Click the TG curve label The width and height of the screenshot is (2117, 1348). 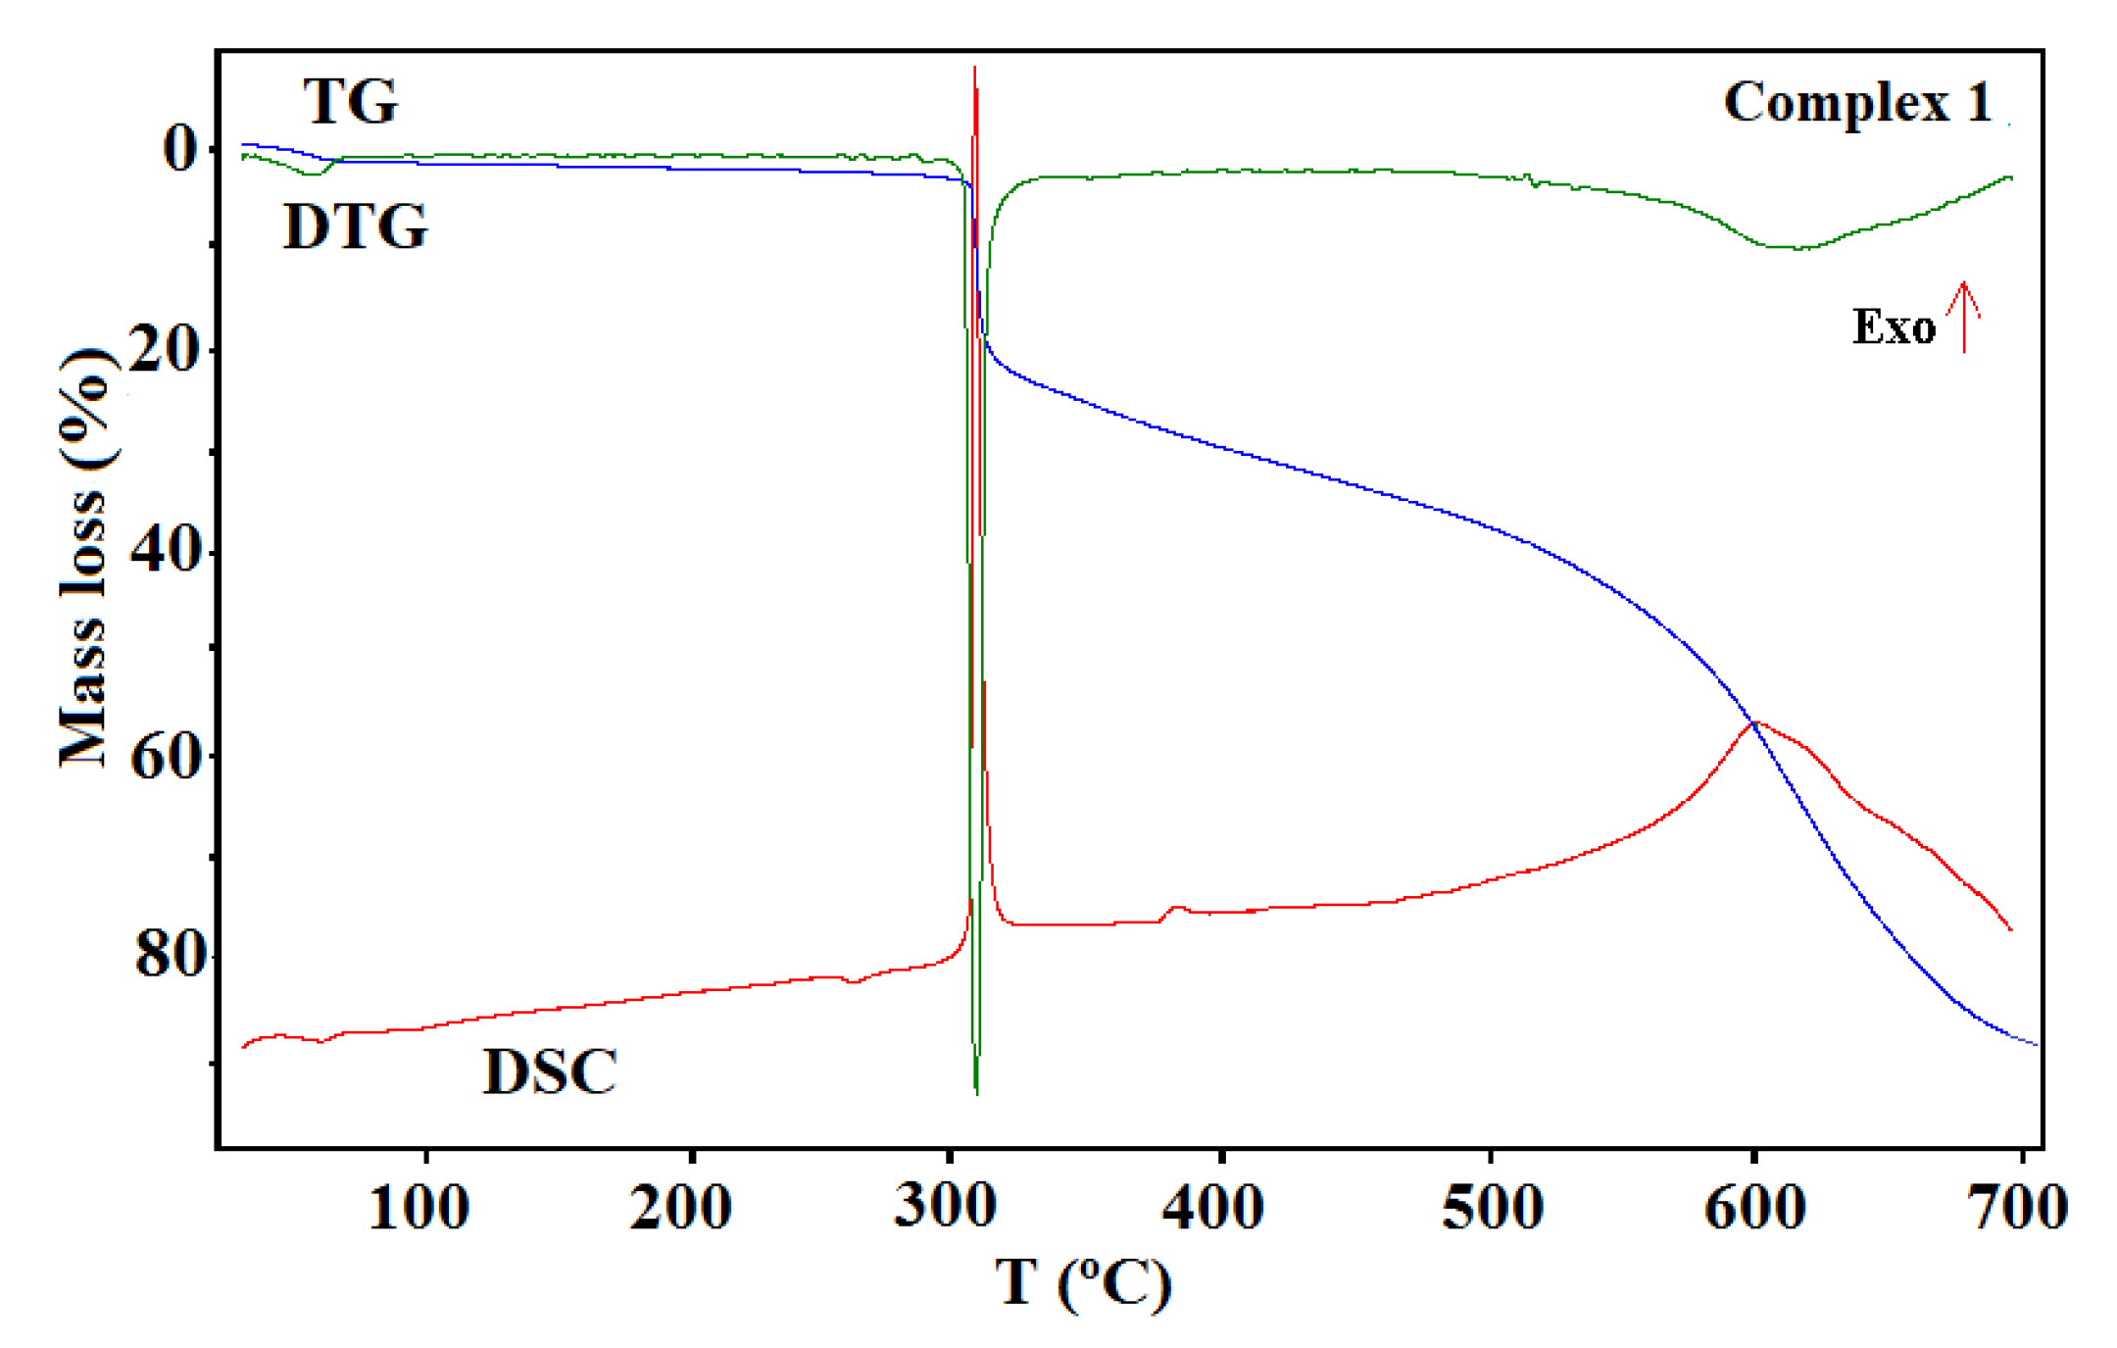point(350,101)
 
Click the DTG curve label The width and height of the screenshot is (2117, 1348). point(355,227)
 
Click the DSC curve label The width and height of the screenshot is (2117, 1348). point(550,1072)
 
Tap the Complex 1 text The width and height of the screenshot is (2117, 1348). point(1858,103)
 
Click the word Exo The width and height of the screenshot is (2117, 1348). point(1894,327)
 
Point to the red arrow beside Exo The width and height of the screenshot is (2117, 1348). point(1964,316)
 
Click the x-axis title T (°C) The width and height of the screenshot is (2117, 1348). point(1083,1282)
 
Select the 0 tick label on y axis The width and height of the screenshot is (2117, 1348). point(179,149)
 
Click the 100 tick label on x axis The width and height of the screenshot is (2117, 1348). point(418,1208)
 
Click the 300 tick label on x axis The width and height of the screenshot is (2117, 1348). point(945,1206)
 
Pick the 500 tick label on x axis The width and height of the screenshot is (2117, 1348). point(1492,1208)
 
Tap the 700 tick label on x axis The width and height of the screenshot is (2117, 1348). point(2017,1208)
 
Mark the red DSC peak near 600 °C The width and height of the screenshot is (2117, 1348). point(1755,723)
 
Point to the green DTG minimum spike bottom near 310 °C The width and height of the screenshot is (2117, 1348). point(977,1091)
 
